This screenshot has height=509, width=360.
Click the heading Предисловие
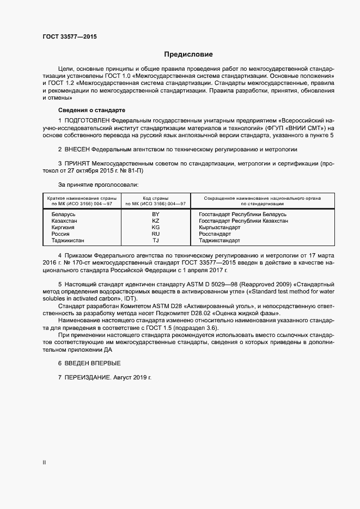[x=188, y=54]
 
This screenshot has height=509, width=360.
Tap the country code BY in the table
[x=156, y=214]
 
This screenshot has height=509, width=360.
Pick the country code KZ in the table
[x=156, y=221]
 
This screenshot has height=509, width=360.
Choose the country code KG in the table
[x=156, y=228]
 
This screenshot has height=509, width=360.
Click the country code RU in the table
[x=156, y=234]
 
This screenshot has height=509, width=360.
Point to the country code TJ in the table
[x=156, y=241]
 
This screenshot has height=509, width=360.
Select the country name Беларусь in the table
[x=64, y=214]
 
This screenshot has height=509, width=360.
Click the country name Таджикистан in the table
[x=68, y=241]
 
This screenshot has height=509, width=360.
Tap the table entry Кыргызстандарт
[x=219, y=228]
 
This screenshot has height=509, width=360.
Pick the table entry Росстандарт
[x=215, y=234]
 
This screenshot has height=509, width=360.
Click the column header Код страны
[x=156, y=198]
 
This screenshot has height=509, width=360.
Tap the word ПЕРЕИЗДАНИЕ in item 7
[x=88, y=377]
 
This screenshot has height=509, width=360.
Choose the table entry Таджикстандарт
[x=219, y=241]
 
